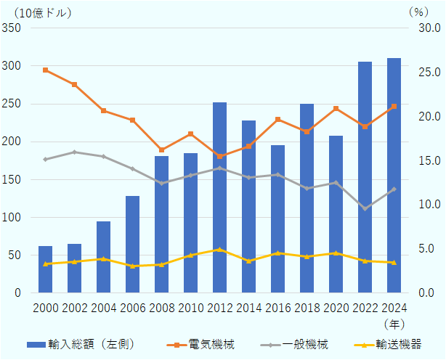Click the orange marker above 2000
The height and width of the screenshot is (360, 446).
(x=45, y=70)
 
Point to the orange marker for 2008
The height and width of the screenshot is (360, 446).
(x=161, y=150)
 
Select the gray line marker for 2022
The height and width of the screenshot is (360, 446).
(x=365, y=209)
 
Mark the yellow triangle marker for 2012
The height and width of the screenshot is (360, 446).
(x=219, y=249)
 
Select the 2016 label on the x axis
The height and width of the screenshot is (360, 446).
(x=277, y=308)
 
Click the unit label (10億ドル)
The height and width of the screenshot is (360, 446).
(x=43, y=12)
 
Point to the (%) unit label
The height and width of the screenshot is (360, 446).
(x=419, y=12)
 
